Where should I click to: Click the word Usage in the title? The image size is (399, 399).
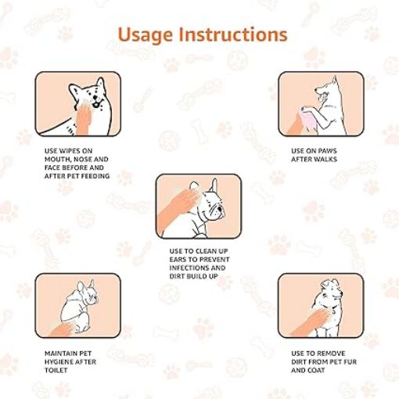coord(148,35)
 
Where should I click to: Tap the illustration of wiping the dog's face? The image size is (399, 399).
coord(77,103)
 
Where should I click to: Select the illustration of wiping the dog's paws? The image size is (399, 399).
coord(322,103)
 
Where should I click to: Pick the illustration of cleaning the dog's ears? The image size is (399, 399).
coord(198,206)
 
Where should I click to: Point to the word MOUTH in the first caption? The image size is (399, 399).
coord(59,159)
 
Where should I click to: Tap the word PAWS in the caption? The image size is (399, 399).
coord(328,150)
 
